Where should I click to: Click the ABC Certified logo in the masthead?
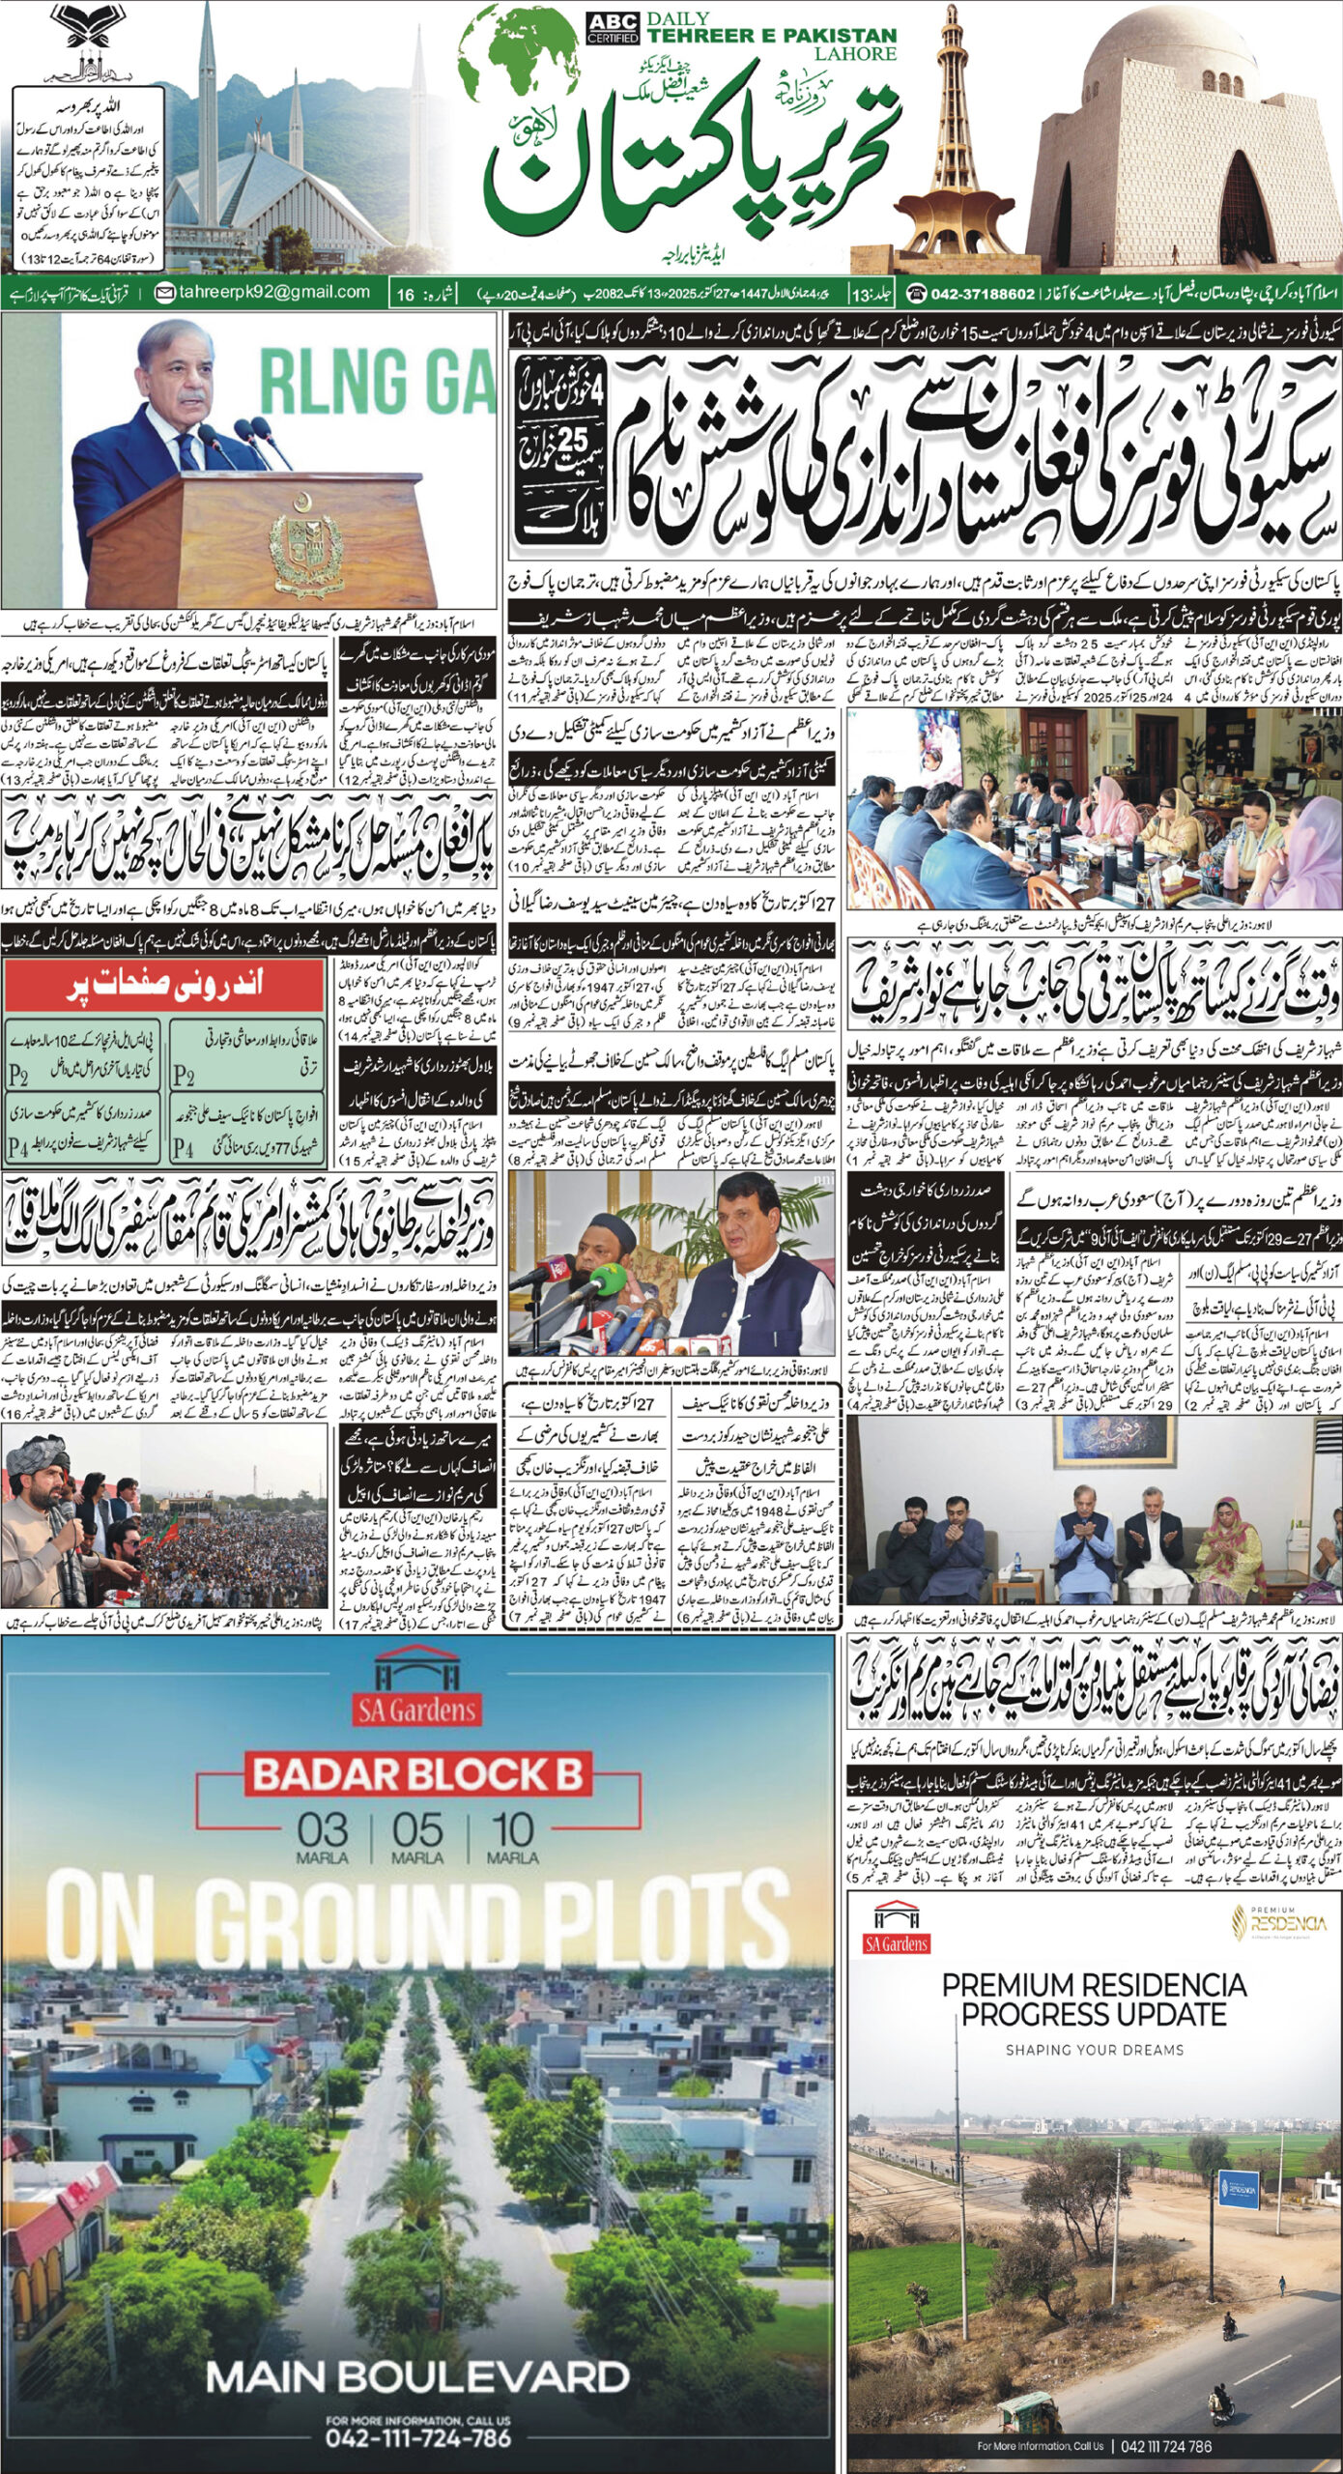pos(613,28)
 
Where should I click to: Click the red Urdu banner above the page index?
pos(163,987)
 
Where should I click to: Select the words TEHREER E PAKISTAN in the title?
pos(772,36)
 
